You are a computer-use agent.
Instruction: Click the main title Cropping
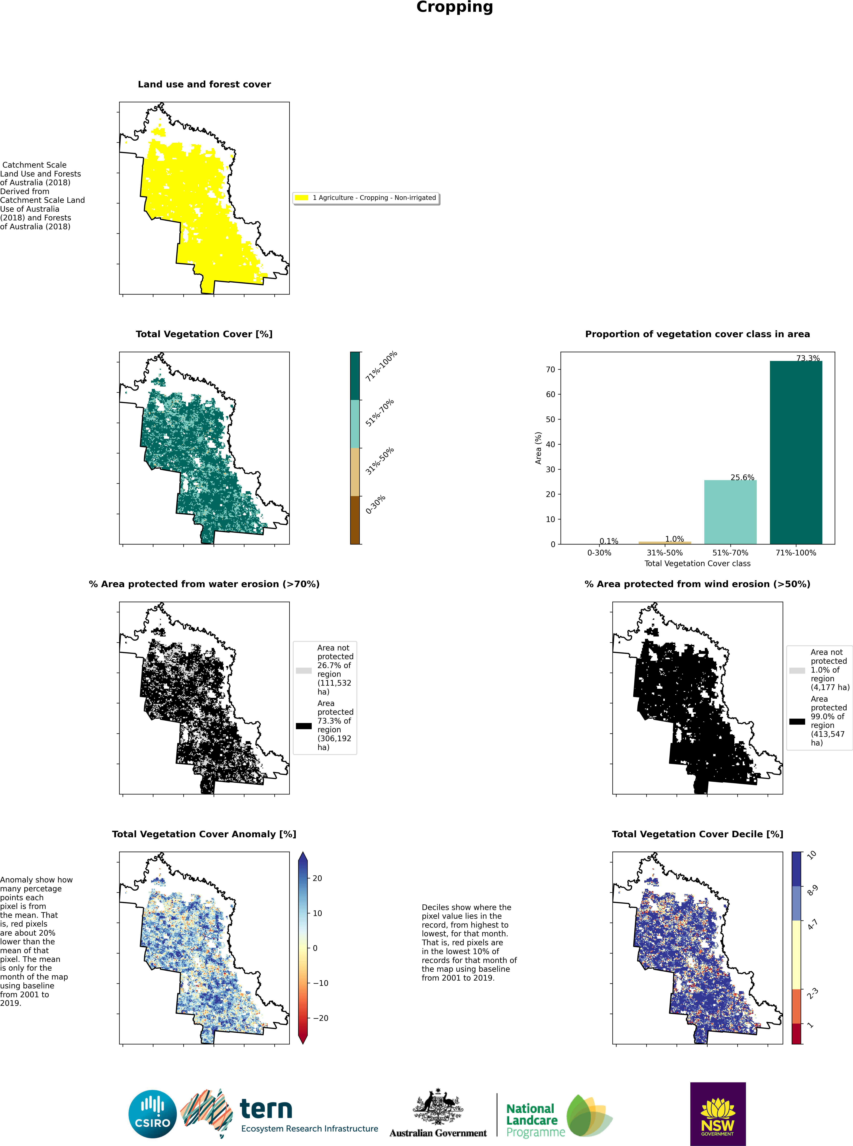[x=454, y=7]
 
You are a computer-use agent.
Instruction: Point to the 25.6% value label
[x=742, y=477]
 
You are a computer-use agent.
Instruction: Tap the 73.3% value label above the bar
[x=807, y=358]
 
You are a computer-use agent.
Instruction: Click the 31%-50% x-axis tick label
[x=665, y=553]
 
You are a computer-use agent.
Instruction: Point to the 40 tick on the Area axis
[x=550, y=444]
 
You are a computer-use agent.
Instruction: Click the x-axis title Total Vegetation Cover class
[x=697, y=563]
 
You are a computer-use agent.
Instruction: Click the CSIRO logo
[x=152, y=1114]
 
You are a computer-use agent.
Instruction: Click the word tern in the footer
[x=266, y=1109]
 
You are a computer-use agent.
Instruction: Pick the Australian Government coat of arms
[x=438, y=1107]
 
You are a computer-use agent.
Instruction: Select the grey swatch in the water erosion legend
[x=304, y=670]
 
